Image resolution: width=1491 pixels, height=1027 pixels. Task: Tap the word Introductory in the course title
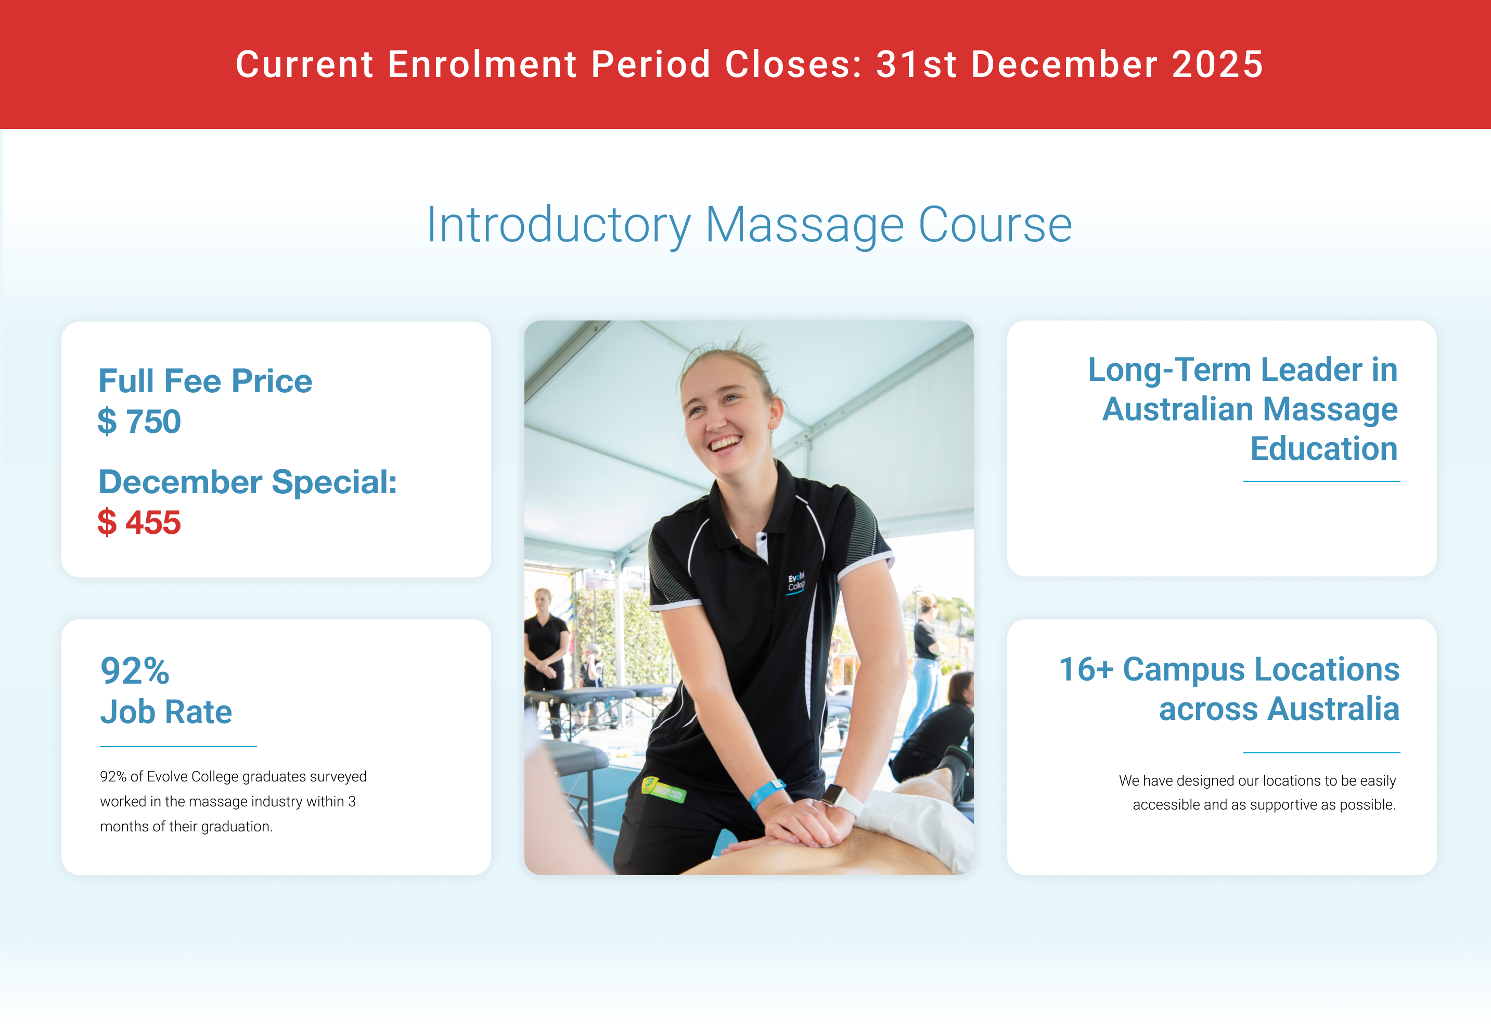coord(559,225)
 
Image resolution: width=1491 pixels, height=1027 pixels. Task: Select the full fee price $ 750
coord(139,421)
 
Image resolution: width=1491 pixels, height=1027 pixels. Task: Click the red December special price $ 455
coord(139,522)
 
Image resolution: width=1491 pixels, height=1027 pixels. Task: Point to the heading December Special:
coord(248,482)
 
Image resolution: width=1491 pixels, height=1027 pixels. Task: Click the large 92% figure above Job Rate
coord(135,671)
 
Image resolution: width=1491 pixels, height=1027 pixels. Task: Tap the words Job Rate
coord(166,712)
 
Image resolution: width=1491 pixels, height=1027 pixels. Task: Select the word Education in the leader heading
coord(1323,448)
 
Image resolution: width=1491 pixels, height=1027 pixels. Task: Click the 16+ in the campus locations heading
coord(1086,669)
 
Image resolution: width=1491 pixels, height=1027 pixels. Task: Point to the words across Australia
coord(1279,709)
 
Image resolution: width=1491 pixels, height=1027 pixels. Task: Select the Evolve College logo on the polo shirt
coord(796,582)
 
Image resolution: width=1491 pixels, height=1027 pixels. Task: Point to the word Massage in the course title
coord(804,225)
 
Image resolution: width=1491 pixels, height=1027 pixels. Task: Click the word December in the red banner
coord(1064,65)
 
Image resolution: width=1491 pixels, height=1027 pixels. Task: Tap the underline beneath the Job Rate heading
coord(178,747)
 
